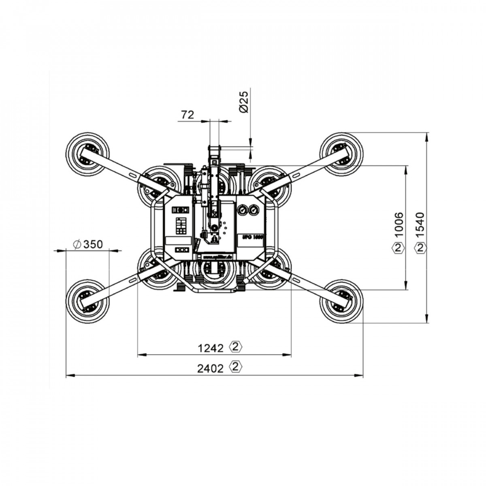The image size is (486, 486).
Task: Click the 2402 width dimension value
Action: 211,369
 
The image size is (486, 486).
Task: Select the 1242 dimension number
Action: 211,348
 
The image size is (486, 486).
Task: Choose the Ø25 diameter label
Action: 244,102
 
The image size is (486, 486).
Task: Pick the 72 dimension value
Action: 187,115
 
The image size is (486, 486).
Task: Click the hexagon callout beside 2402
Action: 236,367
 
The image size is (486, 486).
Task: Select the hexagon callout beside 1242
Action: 236,347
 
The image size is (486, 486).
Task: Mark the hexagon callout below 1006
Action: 399,247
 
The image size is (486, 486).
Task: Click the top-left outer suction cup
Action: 87,155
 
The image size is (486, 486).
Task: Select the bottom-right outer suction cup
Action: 341,301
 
